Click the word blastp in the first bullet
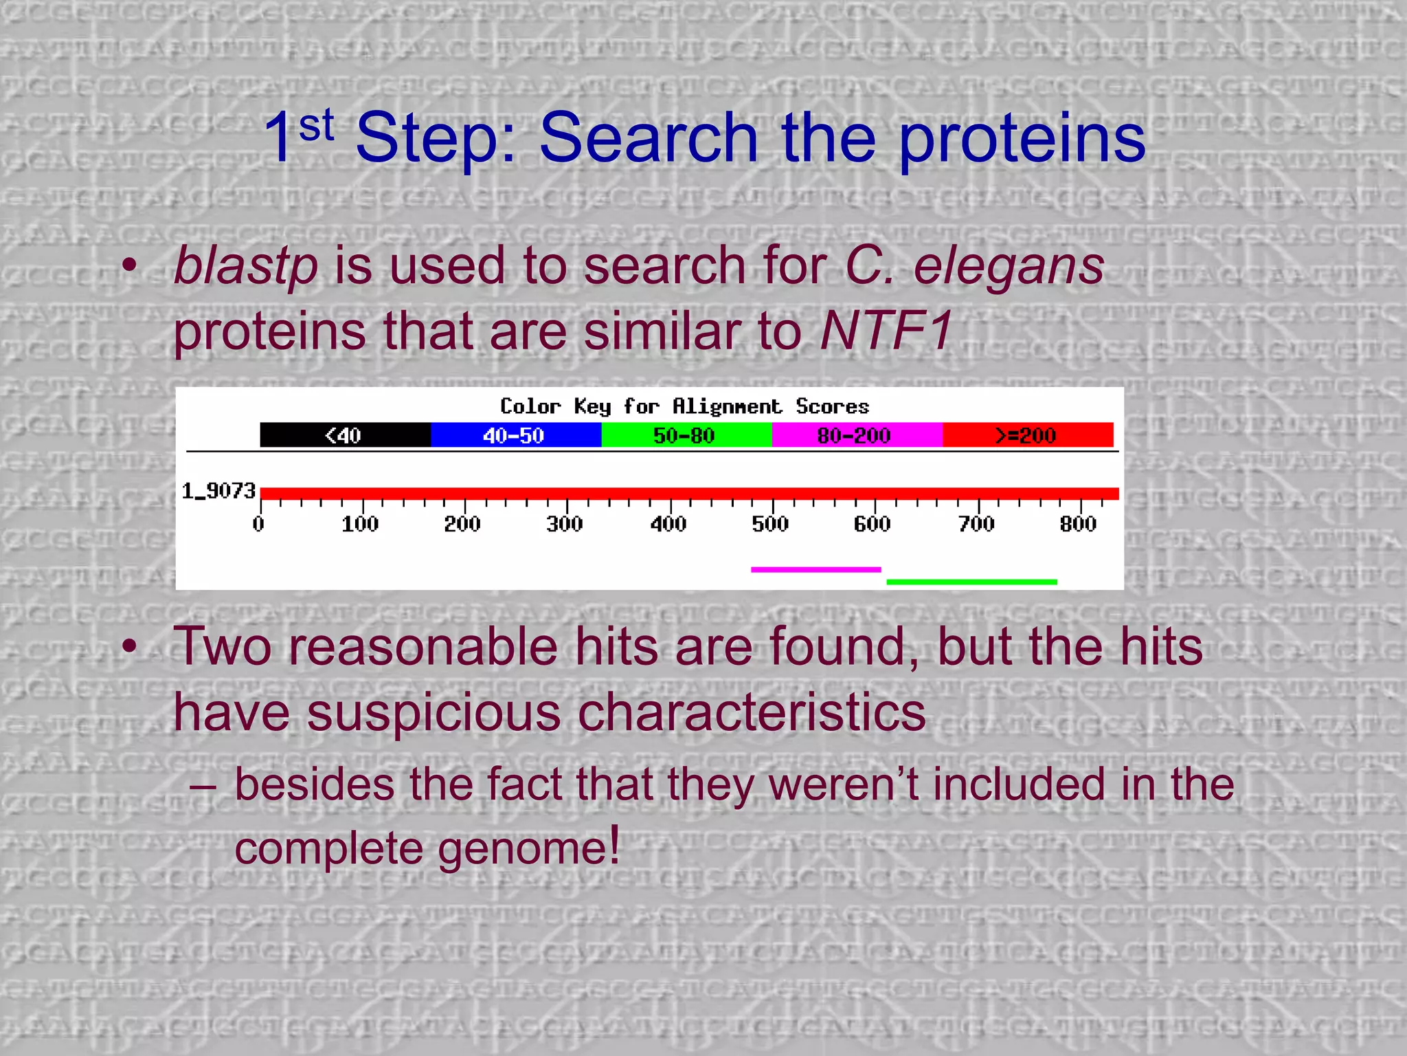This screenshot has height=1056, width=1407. pyautogui.click(x=245, y=267)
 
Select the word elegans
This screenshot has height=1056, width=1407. pyautogui.click(x=1009, y=267)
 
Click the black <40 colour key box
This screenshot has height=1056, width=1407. pyautogui.click(x=345, y=435)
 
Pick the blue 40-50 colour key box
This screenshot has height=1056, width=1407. pyautogui.click(x=515, y=435)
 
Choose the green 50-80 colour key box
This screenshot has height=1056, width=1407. pyautogui.click(x=686, y=435)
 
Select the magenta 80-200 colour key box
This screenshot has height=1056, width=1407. pyautogui.click(x=856, y=435)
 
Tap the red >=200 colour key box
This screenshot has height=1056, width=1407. pyautogui.click(x=1027, y=435)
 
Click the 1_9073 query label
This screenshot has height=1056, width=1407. pyautogui.click(x=218, y=491)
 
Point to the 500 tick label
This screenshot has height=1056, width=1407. pyautogui.click(x=770, y=525)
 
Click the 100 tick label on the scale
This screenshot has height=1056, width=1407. pyautogui.click(x=360, y=525)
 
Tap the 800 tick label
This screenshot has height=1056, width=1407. pyautogui.click(x=1078, y=525)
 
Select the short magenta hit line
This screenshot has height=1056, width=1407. pyautogui.click(x=815, y=569)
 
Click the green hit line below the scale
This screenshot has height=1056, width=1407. pyautogui.click(x=971, y=582)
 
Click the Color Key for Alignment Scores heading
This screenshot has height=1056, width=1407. pyautogui.click(x=684, y=406)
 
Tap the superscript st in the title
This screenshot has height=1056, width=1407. pyautogui.click(x=317, y=126)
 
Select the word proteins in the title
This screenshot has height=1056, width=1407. pyautogui.click(x=1022, y=139)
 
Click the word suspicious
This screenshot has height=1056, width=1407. pyautogui.click(x=434, y=712)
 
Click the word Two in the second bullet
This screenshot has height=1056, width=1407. pyautogui.click(x=222, y=648)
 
